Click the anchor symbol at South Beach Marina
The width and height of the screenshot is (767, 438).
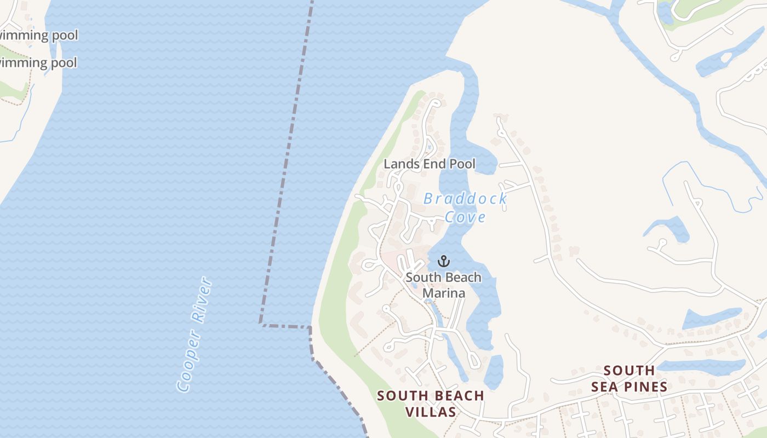click(444, 261)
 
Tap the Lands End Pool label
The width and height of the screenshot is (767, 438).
click(430, 164)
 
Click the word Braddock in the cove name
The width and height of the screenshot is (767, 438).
click(465, 198)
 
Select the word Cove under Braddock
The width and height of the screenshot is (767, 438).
click(465, 217)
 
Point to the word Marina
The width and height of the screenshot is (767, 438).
click(444, 293)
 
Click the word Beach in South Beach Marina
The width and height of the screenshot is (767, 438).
click(463, 278)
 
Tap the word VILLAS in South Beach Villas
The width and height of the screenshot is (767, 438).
click(431, 412)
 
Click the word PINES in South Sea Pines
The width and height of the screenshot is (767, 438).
click(644, 387)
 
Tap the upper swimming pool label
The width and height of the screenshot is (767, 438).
click(38, 36)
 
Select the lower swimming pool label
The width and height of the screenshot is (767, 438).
click(38, 62)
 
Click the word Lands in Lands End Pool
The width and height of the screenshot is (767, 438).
click(397, 164)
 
